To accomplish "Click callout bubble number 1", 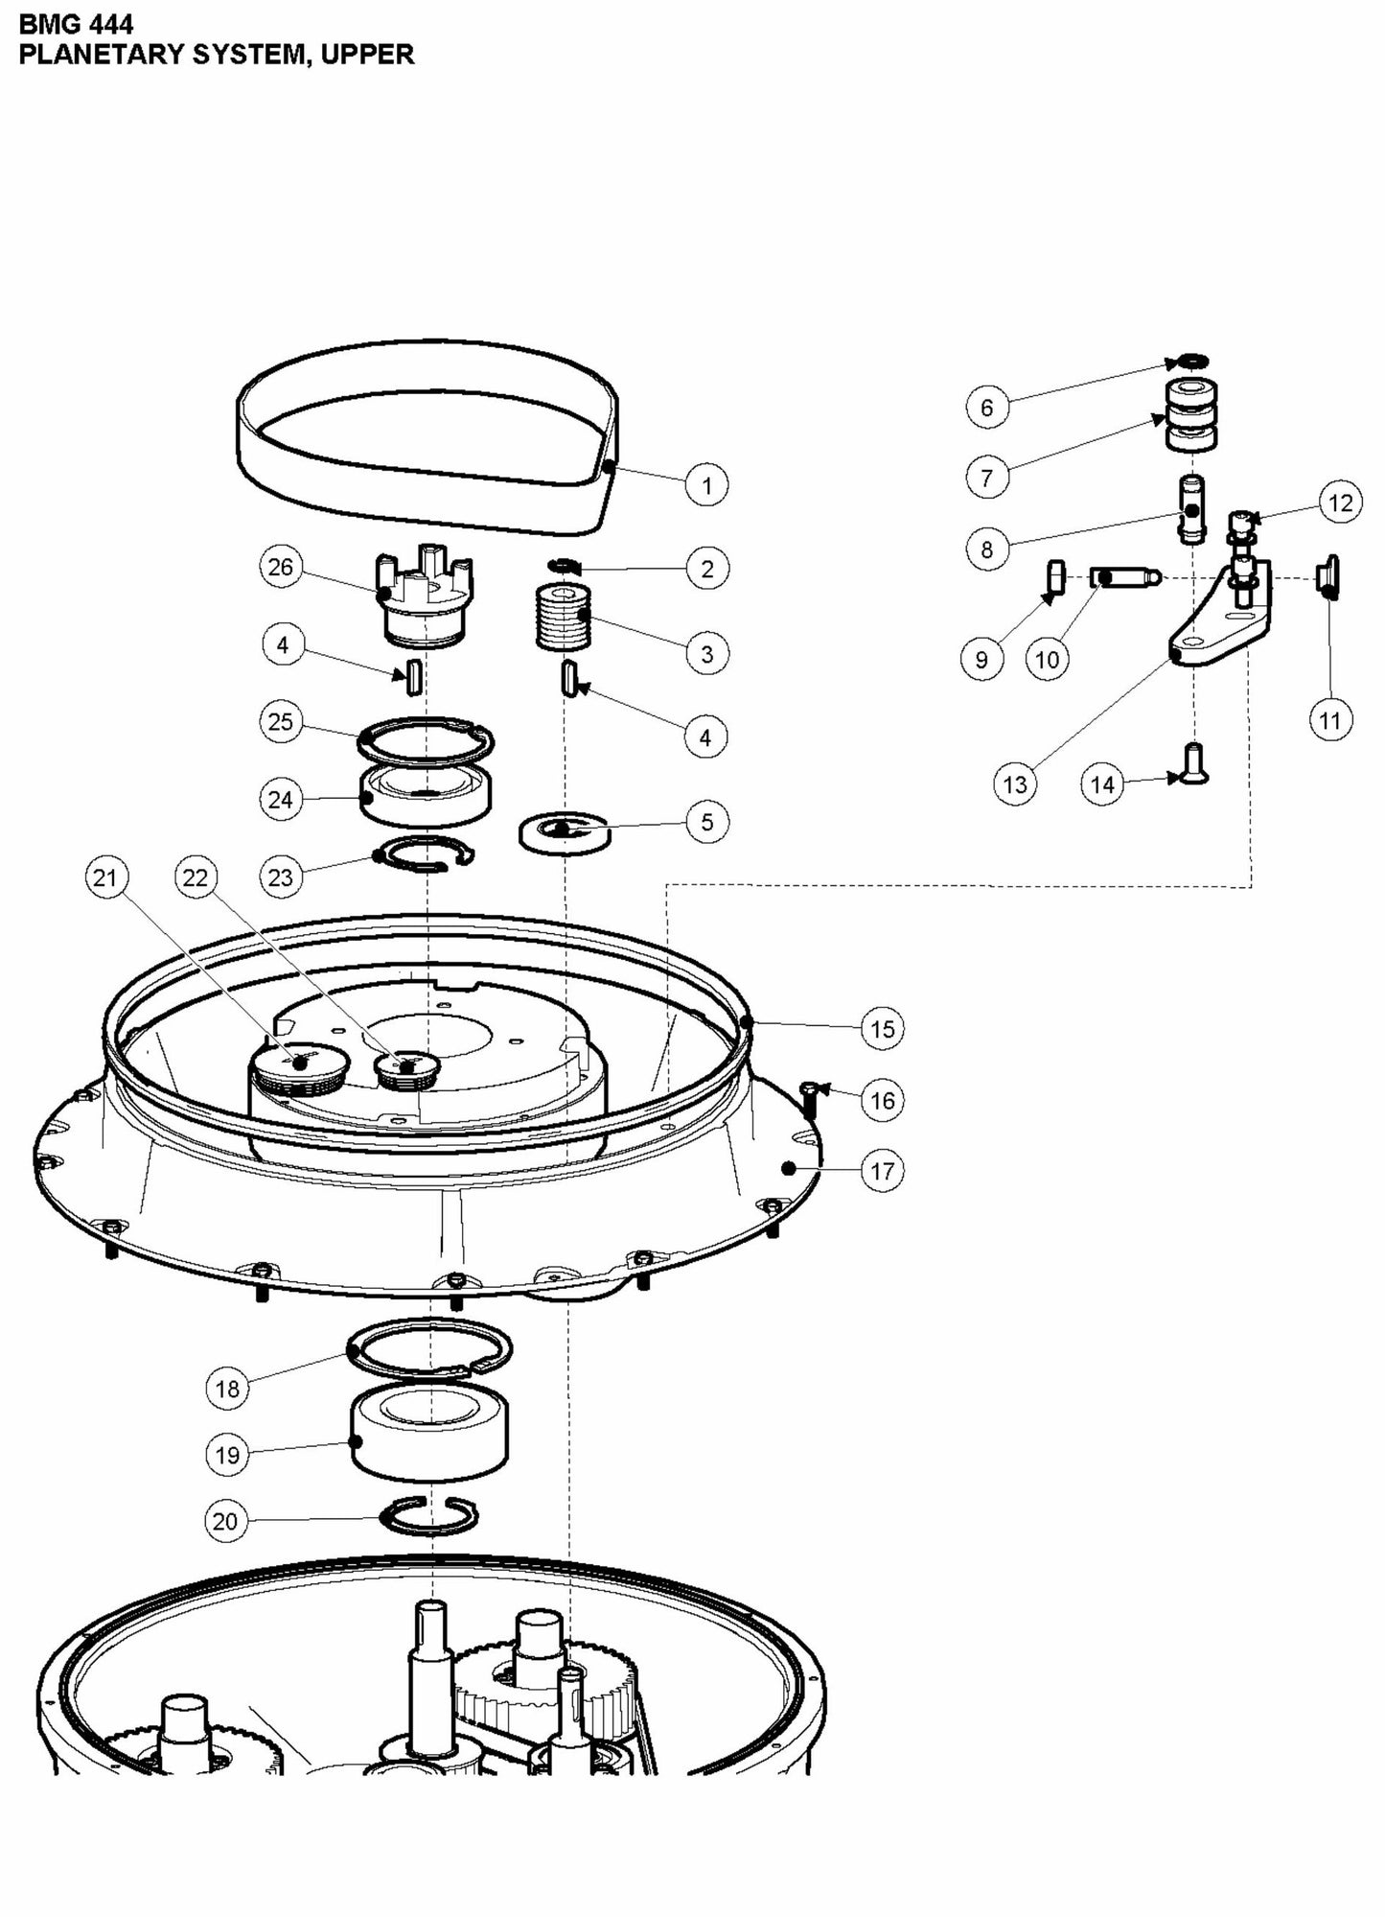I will tap(707, 485).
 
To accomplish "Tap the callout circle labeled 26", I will tap(280, 567).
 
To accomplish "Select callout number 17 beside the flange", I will tap(882, 1171).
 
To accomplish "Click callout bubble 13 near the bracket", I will tap(1014, 784).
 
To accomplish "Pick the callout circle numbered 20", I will tap(225, 1521).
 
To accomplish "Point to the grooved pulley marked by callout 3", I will tap(563, 618).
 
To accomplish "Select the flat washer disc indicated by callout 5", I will tap(566, 833).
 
